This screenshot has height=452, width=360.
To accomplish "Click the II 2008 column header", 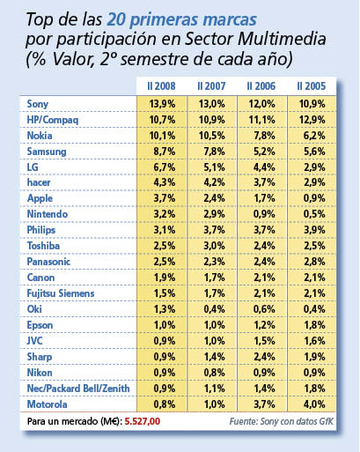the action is (161, 86).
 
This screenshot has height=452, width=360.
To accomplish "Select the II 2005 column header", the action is (312, 86).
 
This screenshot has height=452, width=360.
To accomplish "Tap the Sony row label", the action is (38, 104).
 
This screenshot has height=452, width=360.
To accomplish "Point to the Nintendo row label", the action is (48, 214).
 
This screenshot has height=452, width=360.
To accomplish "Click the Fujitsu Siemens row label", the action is (61, 293).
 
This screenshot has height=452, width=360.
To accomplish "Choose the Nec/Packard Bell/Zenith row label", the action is (78, 389).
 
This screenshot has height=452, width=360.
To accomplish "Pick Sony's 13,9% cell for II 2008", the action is (162, 104).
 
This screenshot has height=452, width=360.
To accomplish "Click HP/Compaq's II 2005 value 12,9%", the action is (312, 120).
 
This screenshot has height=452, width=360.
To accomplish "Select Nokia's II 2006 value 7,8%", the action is (264, 136).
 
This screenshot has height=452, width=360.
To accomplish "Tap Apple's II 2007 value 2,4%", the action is (215, 198).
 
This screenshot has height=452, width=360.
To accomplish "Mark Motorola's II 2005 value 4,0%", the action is (314, 404).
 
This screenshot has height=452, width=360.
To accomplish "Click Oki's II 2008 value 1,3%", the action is (165, 309).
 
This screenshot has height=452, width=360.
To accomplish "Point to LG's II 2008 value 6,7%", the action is (165, 167).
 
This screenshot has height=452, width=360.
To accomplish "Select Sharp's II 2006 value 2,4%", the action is (264, 357).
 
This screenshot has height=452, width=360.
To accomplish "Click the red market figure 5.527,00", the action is (143, 421).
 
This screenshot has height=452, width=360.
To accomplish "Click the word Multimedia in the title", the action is (282, 40).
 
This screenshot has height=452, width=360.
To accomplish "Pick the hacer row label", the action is (39, 182).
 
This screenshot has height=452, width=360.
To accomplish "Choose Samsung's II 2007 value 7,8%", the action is (215, 152).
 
